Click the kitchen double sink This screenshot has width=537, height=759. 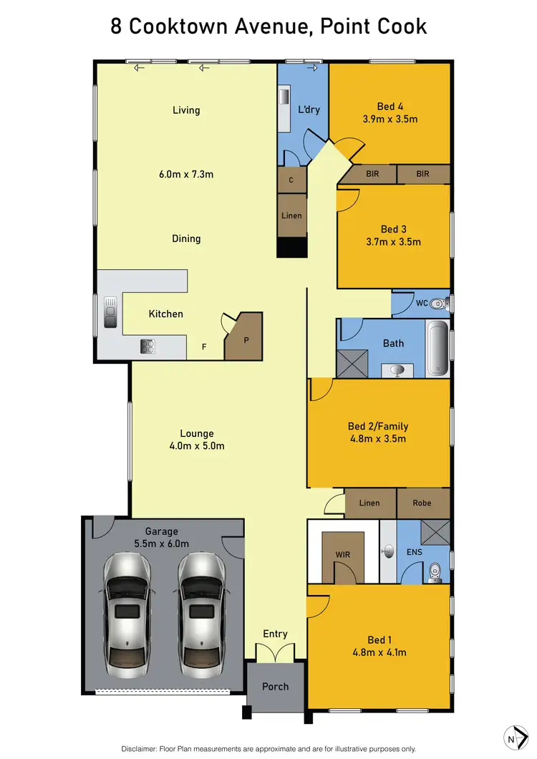pyautogui.click(x=110, y=312)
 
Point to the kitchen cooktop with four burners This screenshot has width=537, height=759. pyautogui.click(x=148, y=347)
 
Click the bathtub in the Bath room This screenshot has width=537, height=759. pyautogui.click(x=437, y=349)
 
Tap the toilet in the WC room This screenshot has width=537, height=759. pyautogui.click(x=441, y=304)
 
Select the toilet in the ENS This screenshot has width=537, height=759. pyautogui.click(x=435, y=572)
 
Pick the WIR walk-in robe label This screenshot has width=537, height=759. pyautogui.click(x=342, y=555)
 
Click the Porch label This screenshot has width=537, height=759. pyautogui.click(x=275, y=686)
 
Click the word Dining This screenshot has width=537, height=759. pyautogui.click(x=186, y=238)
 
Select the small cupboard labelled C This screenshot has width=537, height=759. pyautogui.click(x=291, y=180)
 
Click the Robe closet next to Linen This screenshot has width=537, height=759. pyautogui.click(x=422, y=503)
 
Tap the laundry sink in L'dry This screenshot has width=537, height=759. pyautogui.click(x=284, y=98)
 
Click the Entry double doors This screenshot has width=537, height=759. pyautogui.click(x=275, y=652)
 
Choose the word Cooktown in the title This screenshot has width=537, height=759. pyautogui.click(x=185, y=26)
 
